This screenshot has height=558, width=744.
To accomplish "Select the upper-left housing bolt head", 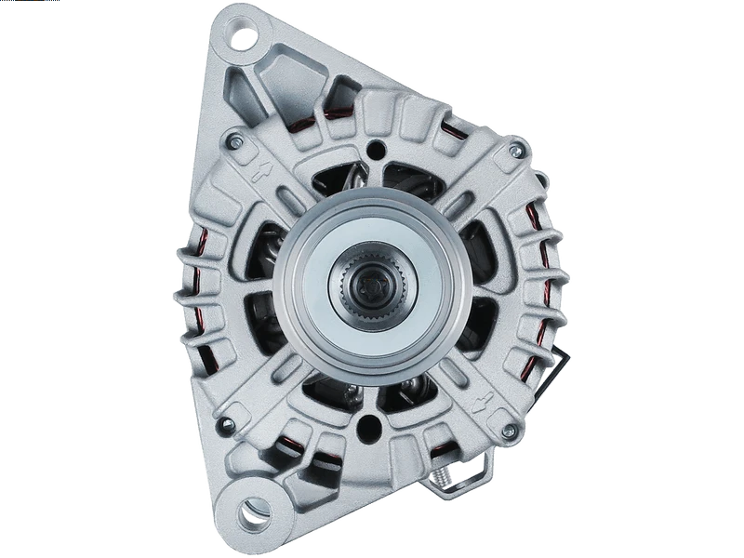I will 232,141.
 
